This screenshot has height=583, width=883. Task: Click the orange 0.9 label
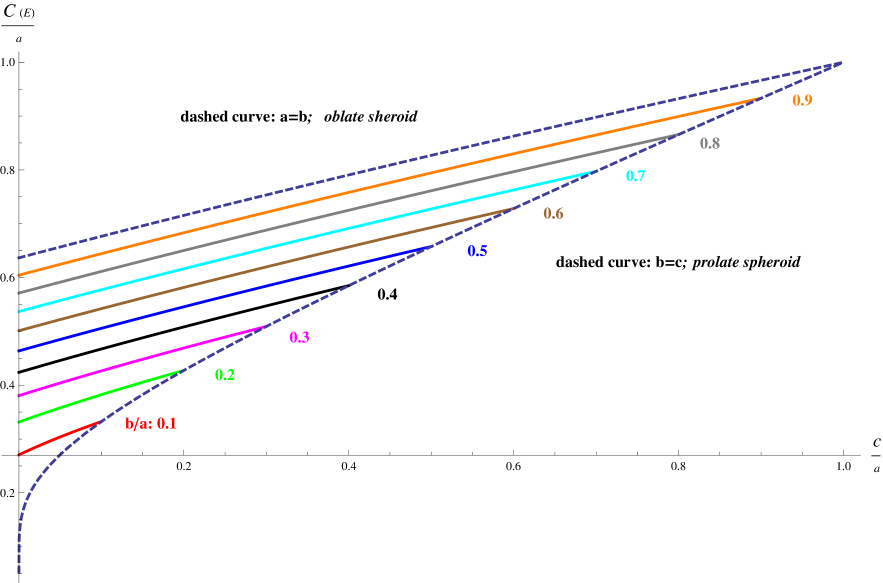click(x=802, y=100)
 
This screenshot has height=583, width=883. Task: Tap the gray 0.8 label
click(x=710, y=143)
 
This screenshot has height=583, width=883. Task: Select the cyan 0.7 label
click(x=635, y=176)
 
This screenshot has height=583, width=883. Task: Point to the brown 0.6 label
click(x=553, y=214)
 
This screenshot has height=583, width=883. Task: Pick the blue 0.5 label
click(x=477, y=251)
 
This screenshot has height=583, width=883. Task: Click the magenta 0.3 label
click(x=299, y=337)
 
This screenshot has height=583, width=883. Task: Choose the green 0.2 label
click(x=225, y=375)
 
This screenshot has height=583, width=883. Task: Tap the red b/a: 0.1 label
click(x=151, y=423)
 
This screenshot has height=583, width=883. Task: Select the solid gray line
click(x=350, y=212)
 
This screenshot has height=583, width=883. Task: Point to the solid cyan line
click(x=300, y=242)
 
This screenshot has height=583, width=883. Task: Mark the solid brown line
click(x=260, y=270)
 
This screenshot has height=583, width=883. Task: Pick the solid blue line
click(x=220, y=299)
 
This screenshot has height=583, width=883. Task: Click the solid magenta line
click(x=140, y=361)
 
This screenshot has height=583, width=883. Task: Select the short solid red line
click(x=60, y=439)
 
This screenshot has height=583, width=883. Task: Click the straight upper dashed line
click(x=430, y=160)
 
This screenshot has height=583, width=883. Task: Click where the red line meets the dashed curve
click(x=102, y=422)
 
